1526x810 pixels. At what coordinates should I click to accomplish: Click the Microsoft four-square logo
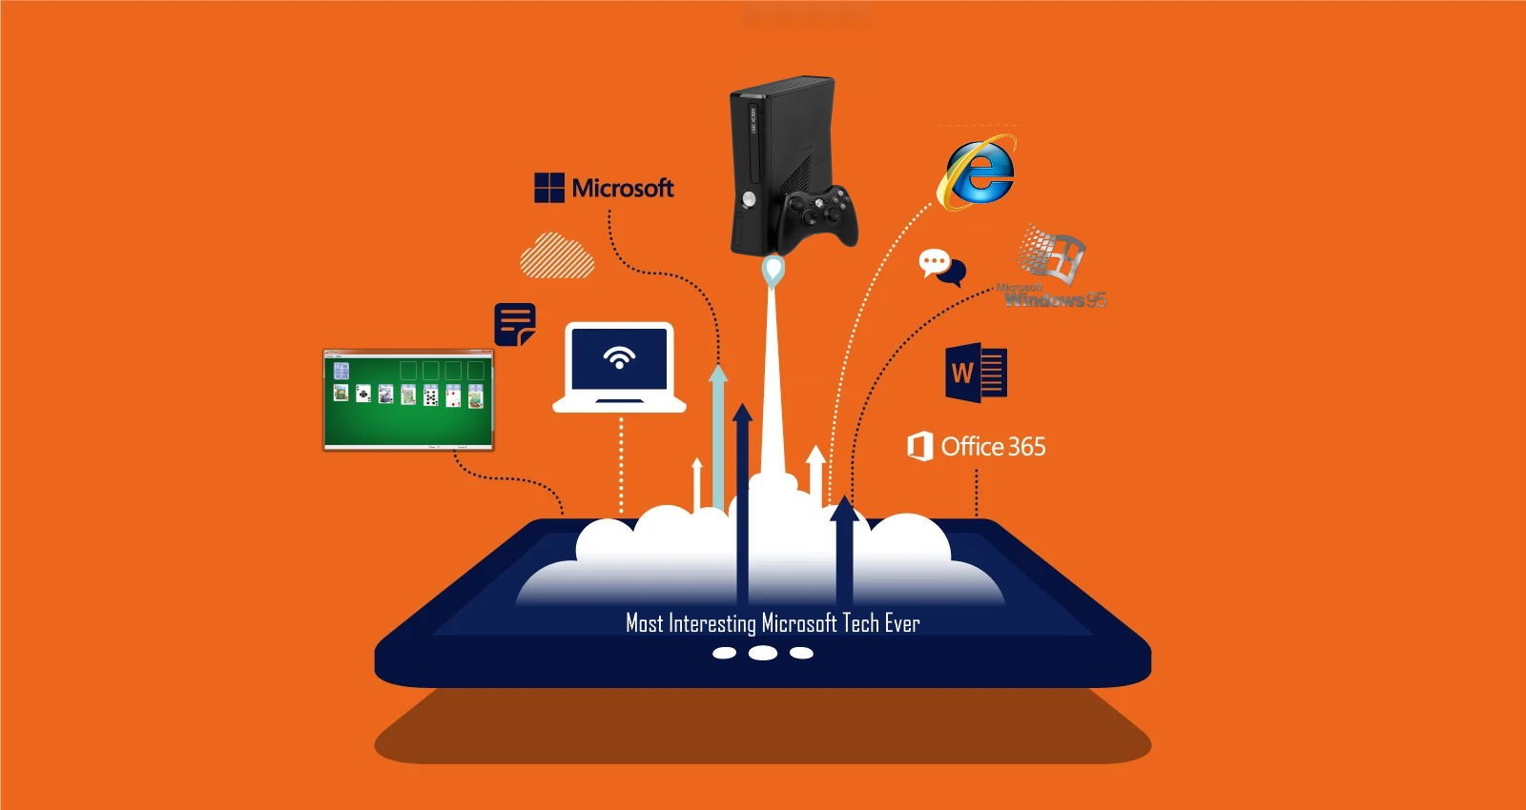pyautogui.click(x=549, y=188)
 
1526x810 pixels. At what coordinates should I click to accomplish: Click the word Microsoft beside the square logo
pyautogui.click(x=623, y=188)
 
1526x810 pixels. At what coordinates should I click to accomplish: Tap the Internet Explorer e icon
pyautogui.click(x=978, y=172)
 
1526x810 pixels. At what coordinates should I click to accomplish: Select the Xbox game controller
pyautogui.click(x=819, y=216)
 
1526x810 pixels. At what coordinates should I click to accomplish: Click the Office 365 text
pyautogui.click(x=993, y=447)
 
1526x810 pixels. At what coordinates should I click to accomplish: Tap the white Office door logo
pyautogui.click(x=919, y=446)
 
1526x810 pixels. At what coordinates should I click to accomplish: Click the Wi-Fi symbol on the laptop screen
pyautogui.click(x=619, y=357)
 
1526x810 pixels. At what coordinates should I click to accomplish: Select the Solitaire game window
pyautogui.click(x=408, y=399)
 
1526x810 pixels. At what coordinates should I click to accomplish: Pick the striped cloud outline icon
pyautogui.click(x=557, y=255)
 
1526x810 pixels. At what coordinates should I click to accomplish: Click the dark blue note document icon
pyautogui.click(x=515, y=325)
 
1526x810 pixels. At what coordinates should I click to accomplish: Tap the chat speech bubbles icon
pyautogui.click(x=941, y=267)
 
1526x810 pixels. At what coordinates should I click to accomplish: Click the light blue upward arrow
pyautogui.click(x=718, y=429)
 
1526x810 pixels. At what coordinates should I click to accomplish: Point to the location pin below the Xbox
pyautogui.click(x=773, y=271)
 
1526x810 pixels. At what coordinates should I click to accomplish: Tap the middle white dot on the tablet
pyautogui.click(x=763, y=653)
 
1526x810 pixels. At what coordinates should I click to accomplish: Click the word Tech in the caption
pyautogui.click(x=860, y=624)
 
